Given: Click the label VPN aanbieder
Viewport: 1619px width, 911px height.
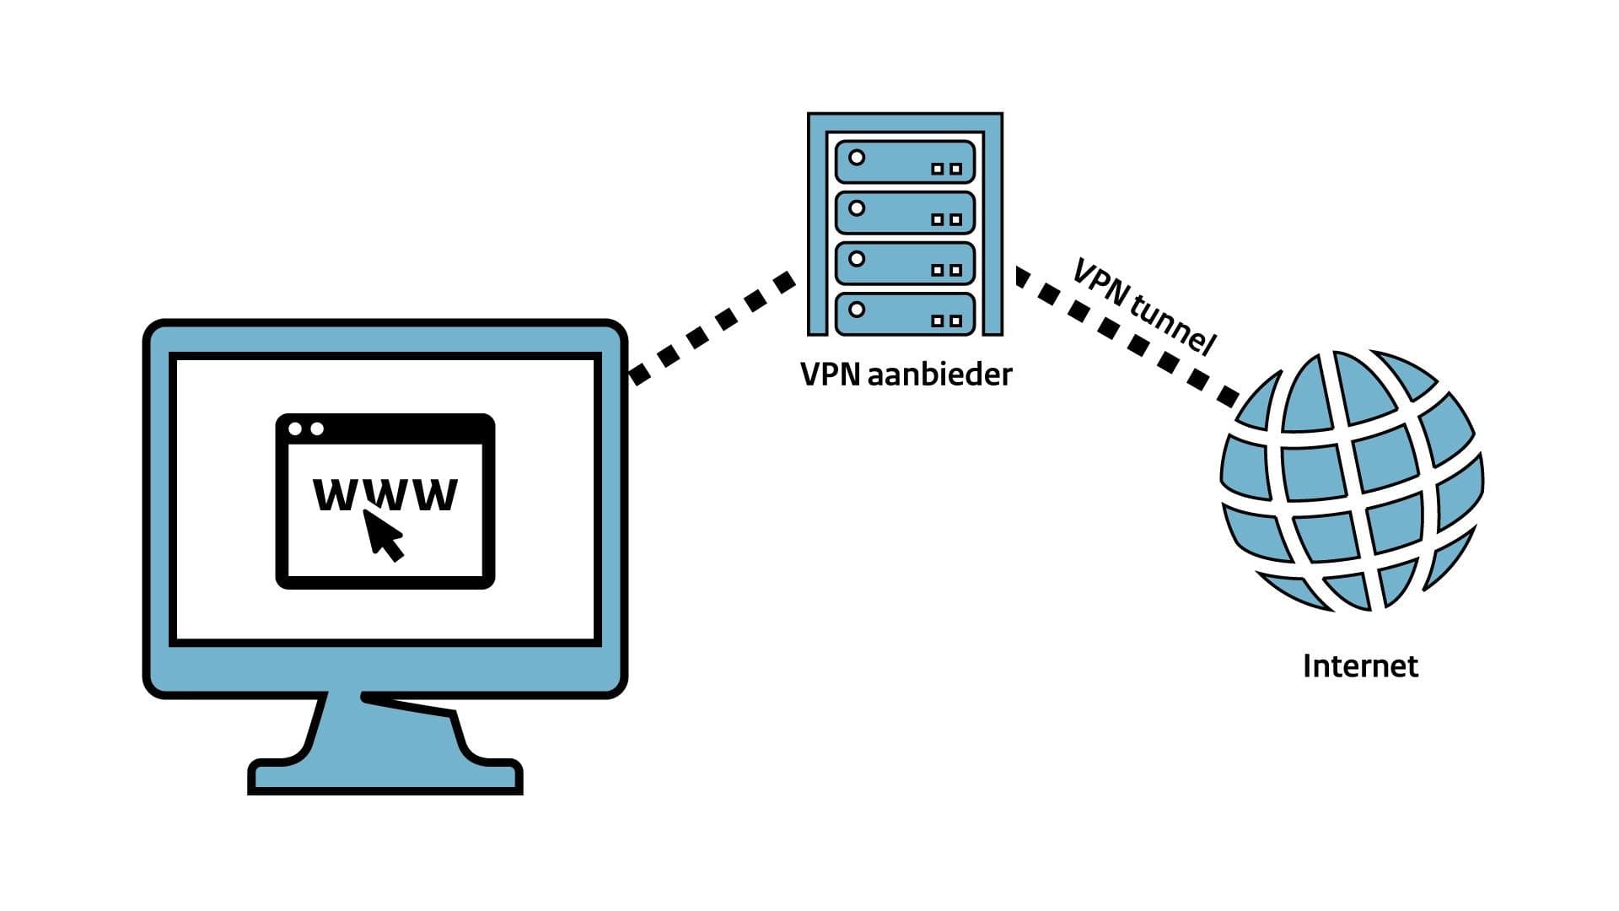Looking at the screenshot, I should (x=906, y=374).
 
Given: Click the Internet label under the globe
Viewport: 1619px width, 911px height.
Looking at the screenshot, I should (x=1360, y=666).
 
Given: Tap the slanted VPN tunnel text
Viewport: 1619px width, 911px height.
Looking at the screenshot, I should (x=1144, y=305).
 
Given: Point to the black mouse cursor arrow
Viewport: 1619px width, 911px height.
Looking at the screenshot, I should (x=383, y=534).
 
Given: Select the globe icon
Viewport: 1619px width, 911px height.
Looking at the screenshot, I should (x=1352, y=480).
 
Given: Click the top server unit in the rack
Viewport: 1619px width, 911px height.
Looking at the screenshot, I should (x=905, y=161).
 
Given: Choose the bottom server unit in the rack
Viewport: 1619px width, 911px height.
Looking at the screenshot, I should (x=905, y=314).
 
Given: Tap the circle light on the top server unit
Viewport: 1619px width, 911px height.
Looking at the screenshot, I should (x=857, y=158).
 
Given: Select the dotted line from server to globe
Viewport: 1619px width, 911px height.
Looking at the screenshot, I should (x=1126, y=337).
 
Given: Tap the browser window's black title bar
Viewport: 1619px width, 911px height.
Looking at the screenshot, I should (x=385, y=429).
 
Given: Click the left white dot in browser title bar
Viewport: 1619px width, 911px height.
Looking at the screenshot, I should (x=295, y=429).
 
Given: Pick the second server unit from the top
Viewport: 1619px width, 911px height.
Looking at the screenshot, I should (x=905, y=213).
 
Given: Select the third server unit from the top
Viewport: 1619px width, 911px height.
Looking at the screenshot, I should (x=905, y=263).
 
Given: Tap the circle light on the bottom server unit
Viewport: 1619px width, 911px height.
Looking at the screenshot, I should (x=857, y=310).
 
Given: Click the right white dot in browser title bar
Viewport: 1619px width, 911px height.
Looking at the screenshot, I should (x=317, y=429).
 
